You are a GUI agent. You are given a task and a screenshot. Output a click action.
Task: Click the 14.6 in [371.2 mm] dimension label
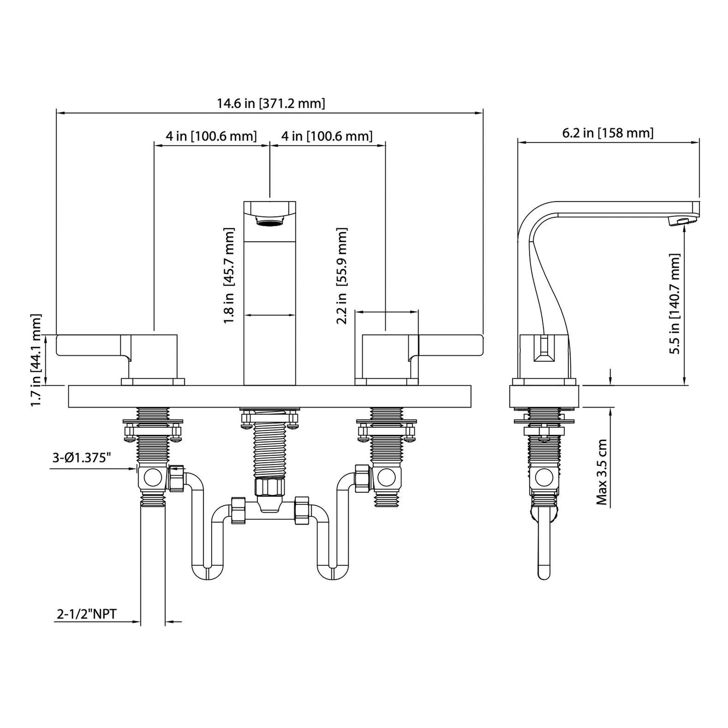[271, 104]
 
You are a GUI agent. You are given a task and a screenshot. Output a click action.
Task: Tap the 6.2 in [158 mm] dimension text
[608, 133]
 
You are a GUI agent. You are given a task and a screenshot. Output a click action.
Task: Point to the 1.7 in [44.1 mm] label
[36, 360]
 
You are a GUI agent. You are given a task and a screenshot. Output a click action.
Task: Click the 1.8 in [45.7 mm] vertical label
[229, 276]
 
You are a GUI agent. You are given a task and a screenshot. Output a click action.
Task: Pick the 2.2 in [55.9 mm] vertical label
[342, 276]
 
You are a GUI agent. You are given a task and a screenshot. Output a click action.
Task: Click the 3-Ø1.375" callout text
[82, 458]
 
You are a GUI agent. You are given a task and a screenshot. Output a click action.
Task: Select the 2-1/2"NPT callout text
[87, 615]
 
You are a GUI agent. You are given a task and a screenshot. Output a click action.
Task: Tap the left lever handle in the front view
[93, 348]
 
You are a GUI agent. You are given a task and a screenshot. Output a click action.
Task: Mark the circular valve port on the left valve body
[152, 476]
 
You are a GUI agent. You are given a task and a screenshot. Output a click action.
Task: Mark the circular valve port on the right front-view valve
[386, 476]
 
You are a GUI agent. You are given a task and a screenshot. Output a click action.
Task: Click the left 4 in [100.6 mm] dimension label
[211, 136]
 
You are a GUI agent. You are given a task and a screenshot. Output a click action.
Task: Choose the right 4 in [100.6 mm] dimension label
[327, 136]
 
